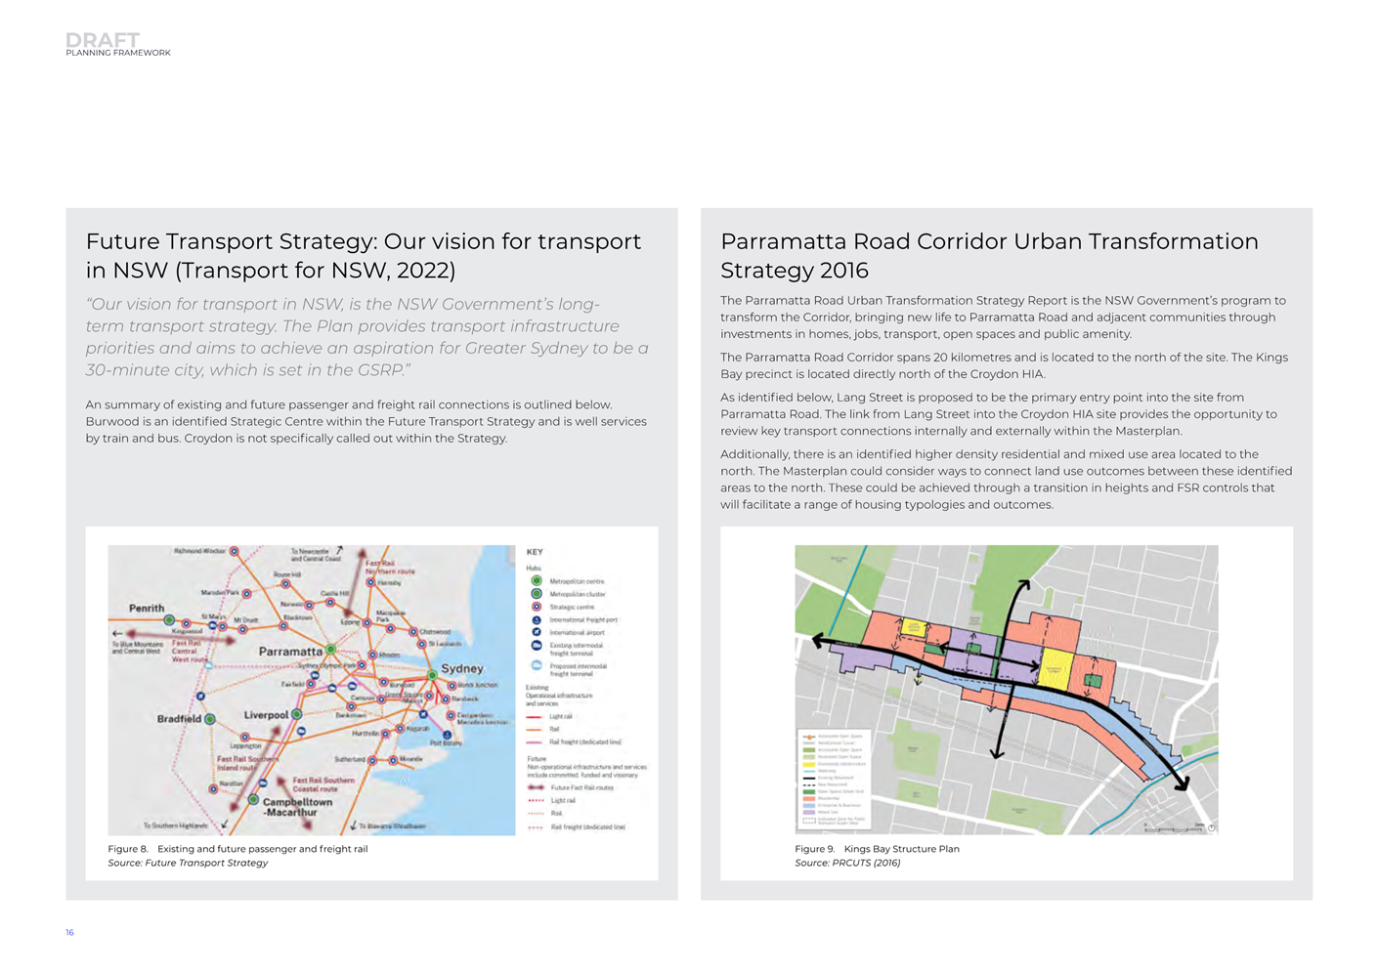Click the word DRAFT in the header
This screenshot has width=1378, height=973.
[x=102, y=39]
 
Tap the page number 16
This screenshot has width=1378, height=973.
[x=69, y=933]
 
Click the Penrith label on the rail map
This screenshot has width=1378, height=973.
[x=147, y=608]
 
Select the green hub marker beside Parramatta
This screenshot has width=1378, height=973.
[x=331, y=649]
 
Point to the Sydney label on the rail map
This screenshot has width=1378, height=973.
[x=462, y=669]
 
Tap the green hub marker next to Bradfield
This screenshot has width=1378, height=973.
[x=209, y=719]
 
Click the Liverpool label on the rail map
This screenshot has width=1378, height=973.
[x=266, y=715]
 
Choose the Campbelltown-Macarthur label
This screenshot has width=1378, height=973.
[x=297, y=807]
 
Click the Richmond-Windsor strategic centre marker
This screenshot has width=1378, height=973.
[x=234, y=552]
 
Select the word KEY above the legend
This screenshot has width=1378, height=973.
[x=535, y=552]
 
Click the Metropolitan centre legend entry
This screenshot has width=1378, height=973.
[x=577, y=581]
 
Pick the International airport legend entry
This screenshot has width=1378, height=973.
[x=577, y=633]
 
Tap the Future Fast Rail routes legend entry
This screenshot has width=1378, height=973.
[x=581, y=787]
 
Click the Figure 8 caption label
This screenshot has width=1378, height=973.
[x=128, y=849]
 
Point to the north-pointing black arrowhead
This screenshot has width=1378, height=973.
[x=1023, y=584]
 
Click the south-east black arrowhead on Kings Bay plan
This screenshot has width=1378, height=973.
[x=1183, y=783]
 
